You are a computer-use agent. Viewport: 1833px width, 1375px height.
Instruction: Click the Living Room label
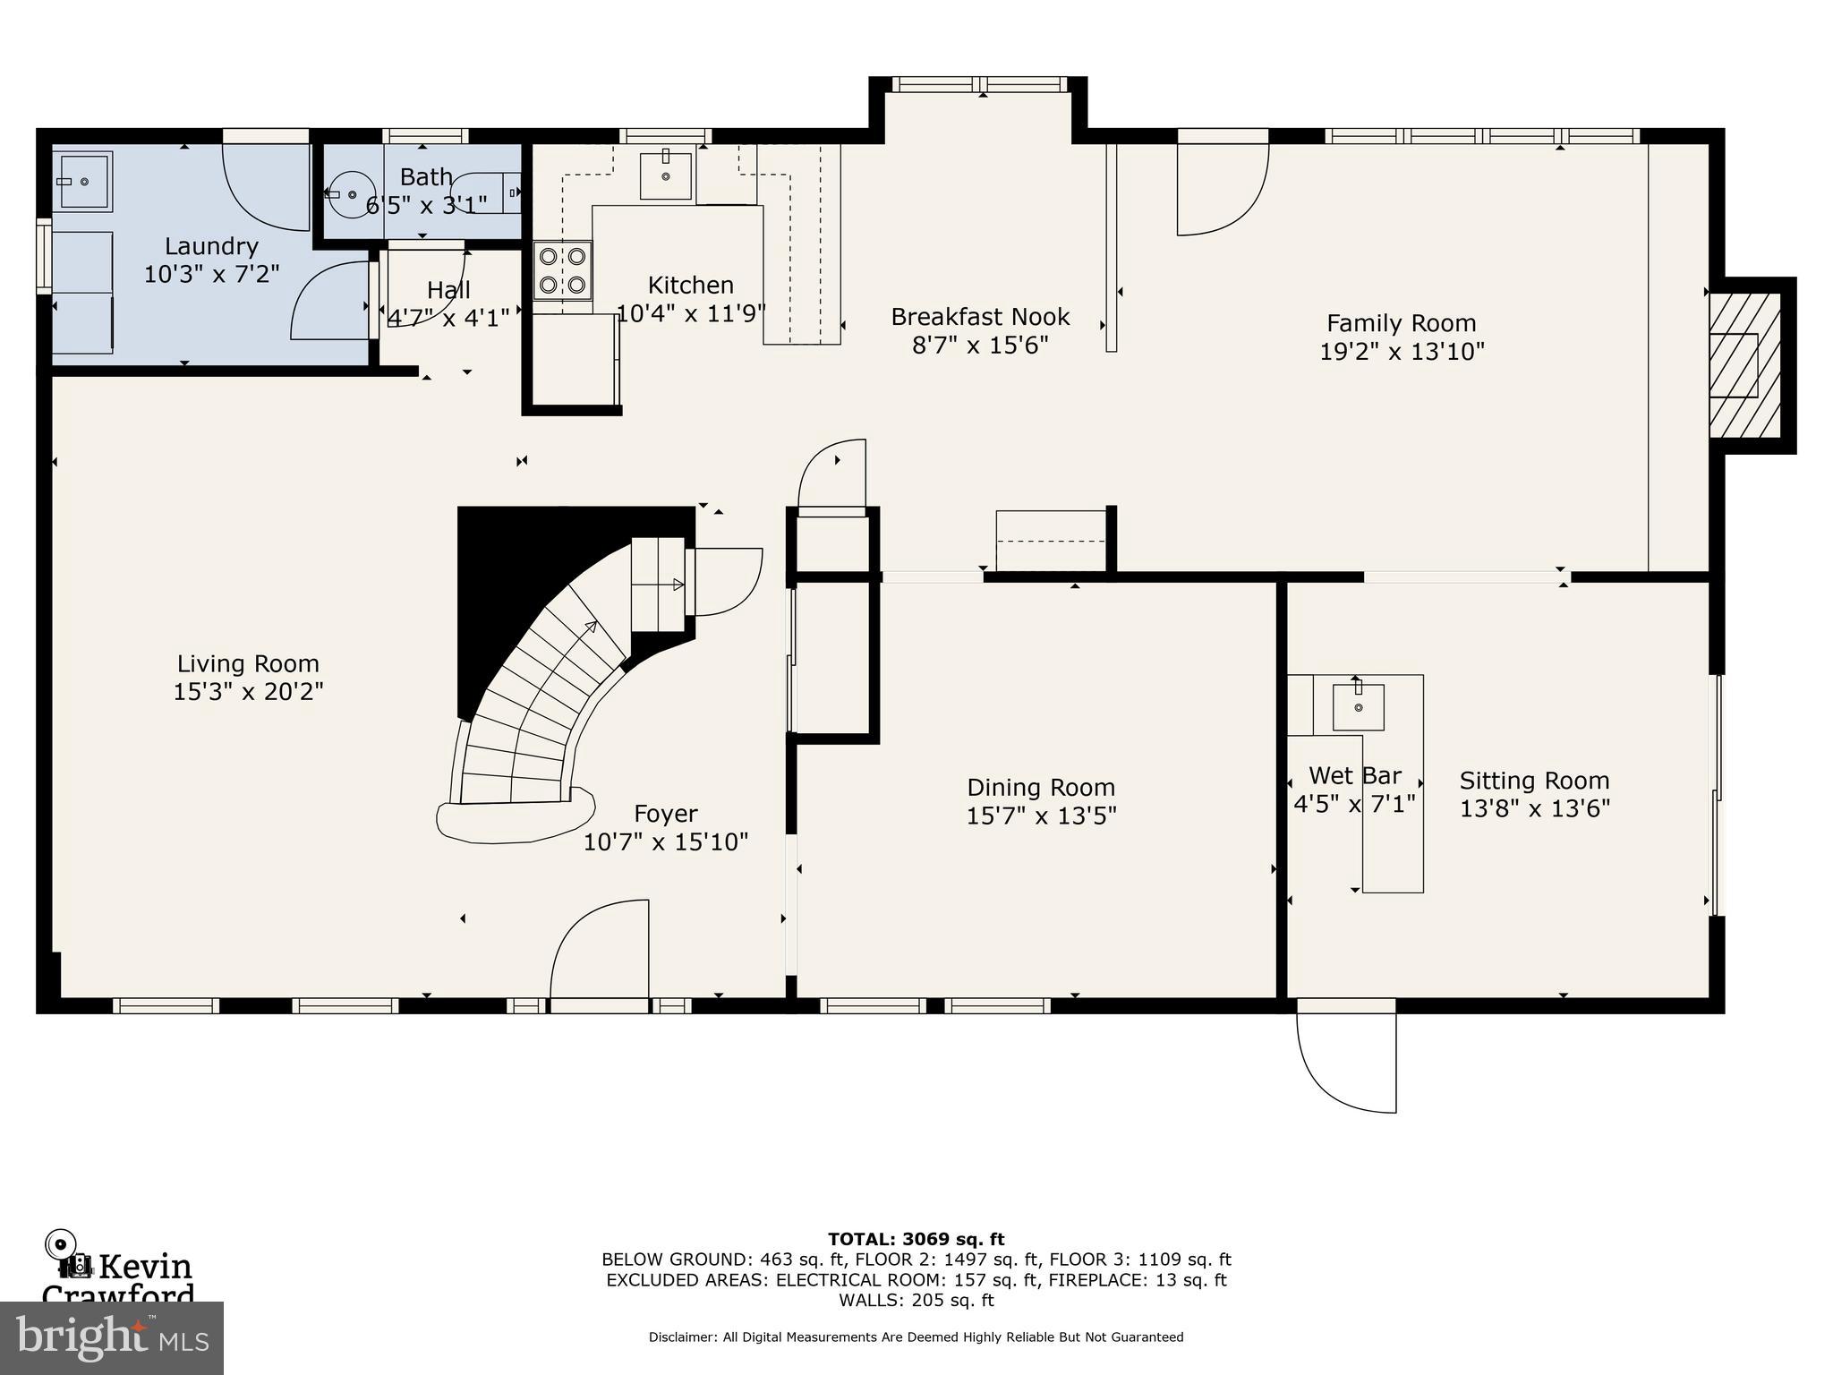[248, 663]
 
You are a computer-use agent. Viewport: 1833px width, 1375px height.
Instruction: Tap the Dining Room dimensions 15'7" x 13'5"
[1041, 816]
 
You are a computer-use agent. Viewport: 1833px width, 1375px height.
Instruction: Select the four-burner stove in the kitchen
[563, 270]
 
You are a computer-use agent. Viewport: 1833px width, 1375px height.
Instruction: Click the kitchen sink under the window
[666, 175]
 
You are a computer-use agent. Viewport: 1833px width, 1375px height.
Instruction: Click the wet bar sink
[1358, 707]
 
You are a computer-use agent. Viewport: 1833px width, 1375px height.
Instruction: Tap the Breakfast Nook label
[980, 317]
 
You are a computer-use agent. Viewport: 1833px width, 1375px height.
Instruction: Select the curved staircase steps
[537, 707]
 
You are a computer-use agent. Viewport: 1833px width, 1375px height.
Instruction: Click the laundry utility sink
[83, 182]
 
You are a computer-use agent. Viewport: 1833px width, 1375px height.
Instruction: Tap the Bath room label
[426, 176]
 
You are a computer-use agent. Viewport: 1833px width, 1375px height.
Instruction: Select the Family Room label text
[1401, 323]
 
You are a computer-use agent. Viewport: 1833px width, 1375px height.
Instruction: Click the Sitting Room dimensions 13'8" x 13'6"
[1534, 808]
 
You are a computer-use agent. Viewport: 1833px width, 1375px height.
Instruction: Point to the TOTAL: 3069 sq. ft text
[916, 1239]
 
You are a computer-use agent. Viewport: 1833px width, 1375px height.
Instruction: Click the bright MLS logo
[112, 1337]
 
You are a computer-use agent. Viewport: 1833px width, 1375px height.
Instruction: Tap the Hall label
[448, 290]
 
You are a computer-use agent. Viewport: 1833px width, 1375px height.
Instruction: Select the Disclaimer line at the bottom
[916, 1337]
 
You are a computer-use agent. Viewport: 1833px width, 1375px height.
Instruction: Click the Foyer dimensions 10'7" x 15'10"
[665, 841]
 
